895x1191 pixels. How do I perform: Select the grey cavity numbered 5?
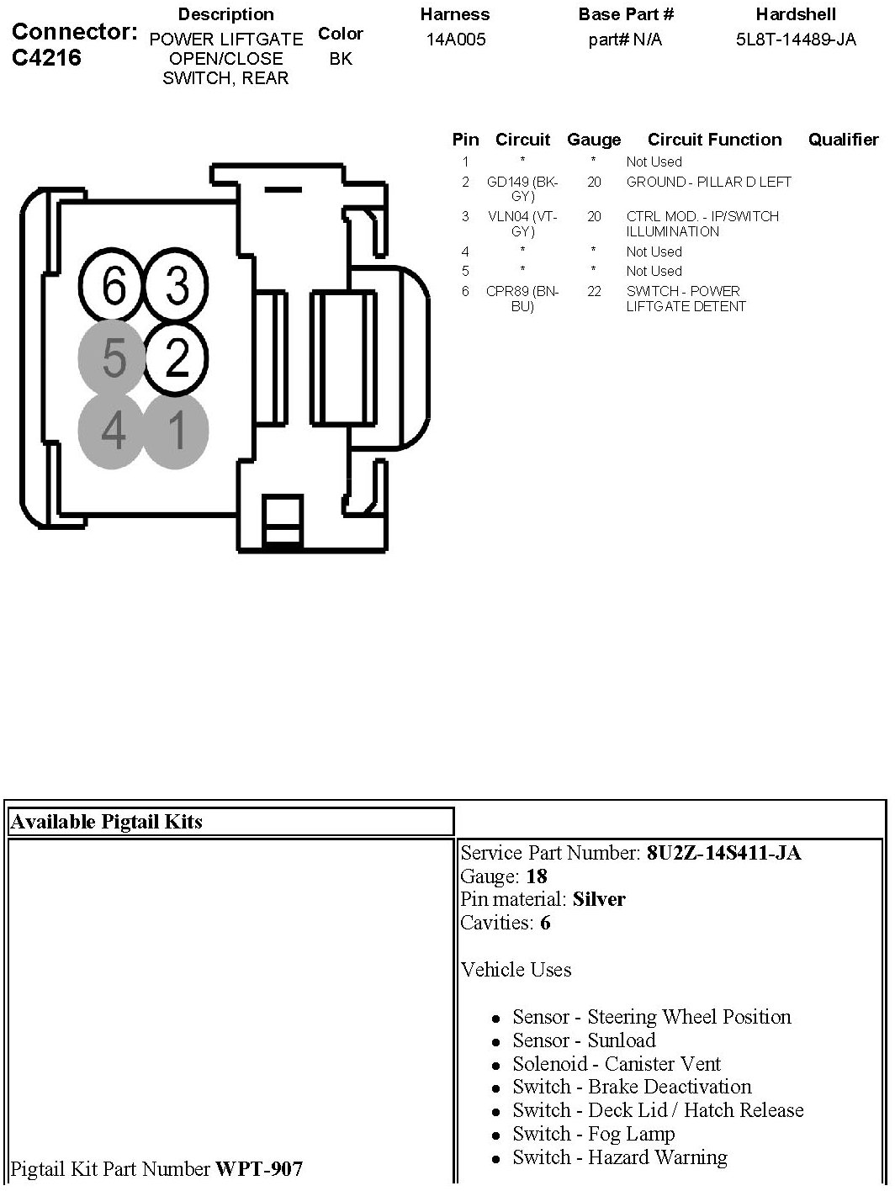click(114, 357)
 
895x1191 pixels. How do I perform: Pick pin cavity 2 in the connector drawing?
click(177, 357)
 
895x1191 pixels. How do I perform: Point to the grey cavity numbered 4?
click(114, 431)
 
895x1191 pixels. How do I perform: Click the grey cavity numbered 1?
click(177, 431)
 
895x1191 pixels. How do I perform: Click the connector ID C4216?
click(47, 58)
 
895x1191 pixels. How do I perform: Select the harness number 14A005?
click(455, 40)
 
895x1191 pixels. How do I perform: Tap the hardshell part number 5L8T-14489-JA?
click(795, 40)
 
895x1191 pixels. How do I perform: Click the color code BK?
click(341, 59)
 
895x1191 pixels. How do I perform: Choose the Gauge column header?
click(594, 140)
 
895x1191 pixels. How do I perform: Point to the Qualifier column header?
click(843, 140)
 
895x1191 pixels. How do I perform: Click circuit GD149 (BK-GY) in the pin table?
click(522, 188)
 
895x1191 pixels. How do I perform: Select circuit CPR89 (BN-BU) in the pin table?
click(522, 299)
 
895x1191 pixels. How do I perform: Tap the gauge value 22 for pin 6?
click(594, 291)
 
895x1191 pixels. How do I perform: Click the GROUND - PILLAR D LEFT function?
click(708, 182)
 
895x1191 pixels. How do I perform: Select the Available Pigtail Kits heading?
click(106, 822)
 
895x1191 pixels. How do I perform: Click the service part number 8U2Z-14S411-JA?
click(723, 853)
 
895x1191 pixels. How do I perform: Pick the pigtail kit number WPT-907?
click(259, 1168)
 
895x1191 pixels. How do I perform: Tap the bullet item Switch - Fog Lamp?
click(594, 1134)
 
